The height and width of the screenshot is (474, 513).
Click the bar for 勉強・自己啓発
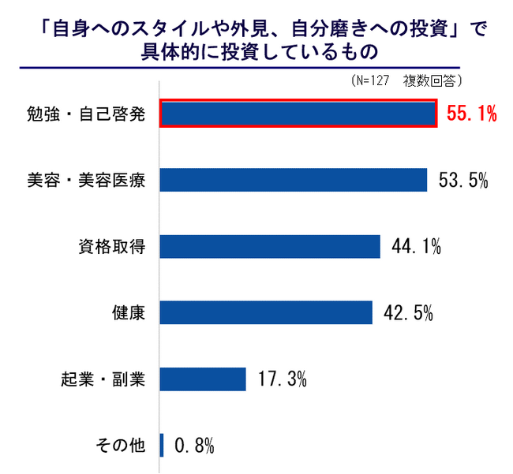pos(298,114)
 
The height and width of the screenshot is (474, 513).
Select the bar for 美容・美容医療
pos(294,180)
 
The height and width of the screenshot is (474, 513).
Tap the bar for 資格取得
pos(270,246)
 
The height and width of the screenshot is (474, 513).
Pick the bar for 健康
pos(266,312)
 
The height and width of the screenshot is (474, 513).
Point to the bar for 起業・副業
pos(204,379)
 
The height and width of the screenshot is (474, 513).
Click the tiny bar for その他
pos(162,445)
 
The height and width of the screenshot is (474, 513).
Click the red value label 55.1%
pos(471,114)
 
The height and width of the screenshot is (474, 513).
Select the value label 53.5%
pos(463,181)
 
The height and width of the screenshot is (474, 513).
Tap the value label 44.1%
pos(416,247)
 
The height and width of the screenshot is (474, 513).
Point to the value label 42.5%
pos(408,313)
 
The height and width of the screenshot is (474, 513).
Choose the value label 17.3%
pos(282,379)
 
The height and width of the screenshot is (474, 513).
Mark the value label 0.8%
pos(193,446)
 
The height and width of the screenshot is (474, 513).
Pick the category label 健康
pos(128,313)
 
